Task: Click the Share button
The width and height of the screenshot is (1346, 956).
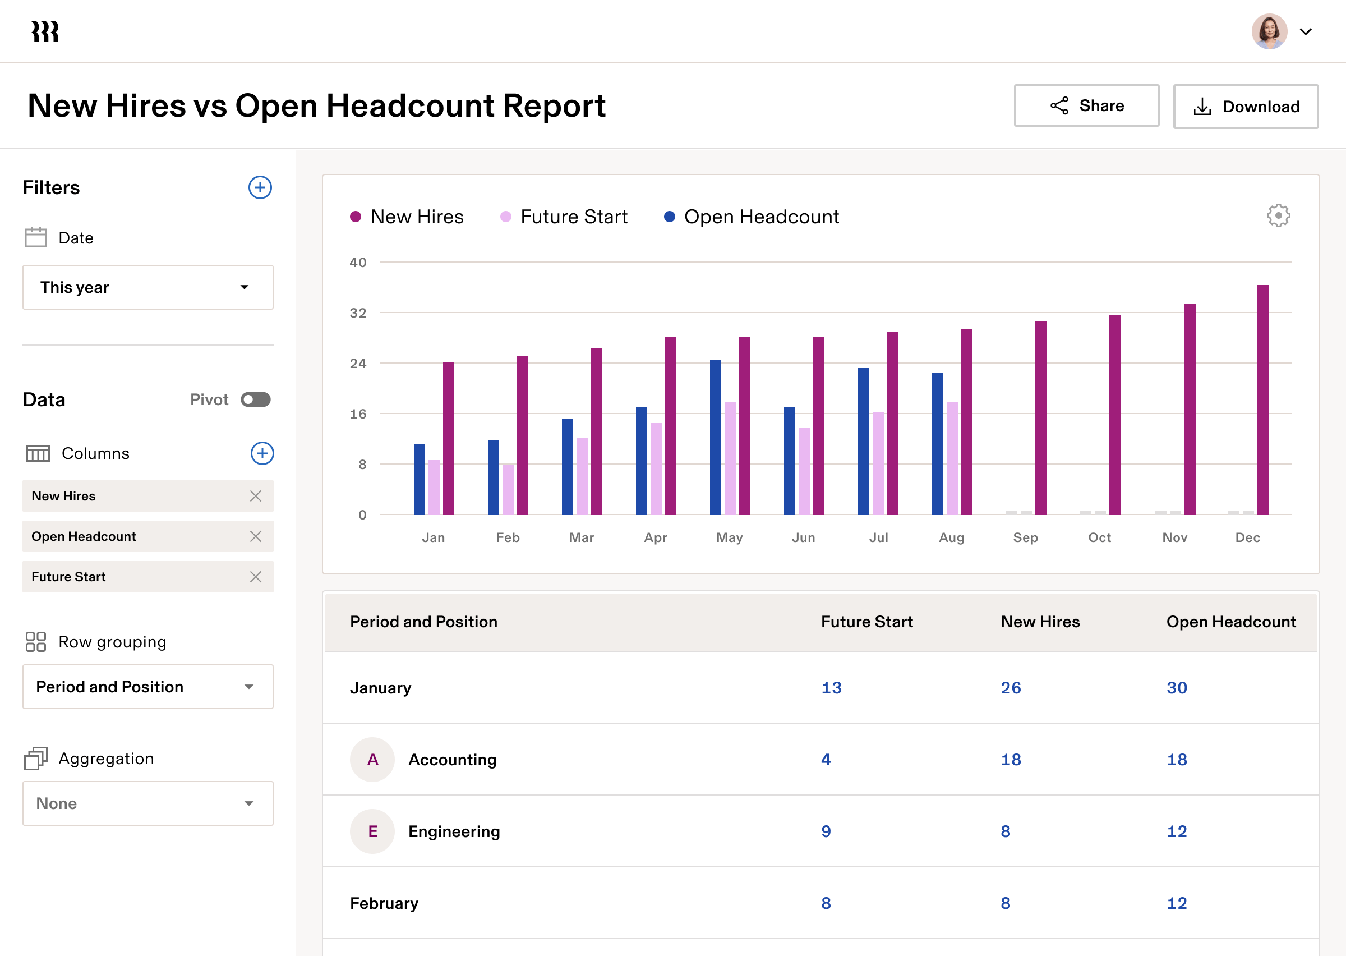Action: pyautogui.click(x=1086, y=106)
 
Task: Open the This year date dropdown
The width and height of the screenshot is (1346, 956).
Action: pyautogui.click(x=147, y=287)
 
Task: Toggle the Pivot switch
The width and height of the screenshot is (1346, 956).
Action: pyautogui.click(x=255, y=399)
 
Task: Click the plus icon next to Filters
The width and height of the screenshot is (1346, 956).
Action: pyautogui.click(x=260, y=188)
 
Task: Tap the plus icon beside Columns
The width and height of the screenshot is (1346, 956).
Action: pyautogui.click(x=262, y=453)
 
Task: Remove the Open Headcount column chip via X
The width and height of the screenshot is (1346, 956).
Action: pyautogui.click(x=255, y=536)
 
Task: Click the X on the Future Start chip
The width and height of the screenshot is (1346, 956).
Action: pyautogui.click(x=255, y=577)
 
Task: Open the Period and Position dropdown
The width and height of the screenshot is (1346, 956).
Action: pyautogui.click(x=147, y=687)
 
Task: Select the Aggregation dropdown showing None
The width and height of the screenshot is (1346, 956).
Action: pyautogui.click(x=147, y=803)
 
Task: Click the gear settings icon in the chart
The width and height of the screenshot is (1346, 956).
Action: pyautogui.click(x=1278, y=216)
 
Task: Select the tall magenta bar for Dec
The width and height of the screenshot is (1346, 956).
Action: pyautogui.click(x=1262, y=400)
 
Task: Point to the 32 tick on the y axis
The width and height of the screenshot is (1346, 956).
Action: pyautogui.click(x=358, y=313)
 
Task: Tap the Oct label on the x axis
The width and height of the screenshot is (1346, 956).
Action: pyautogui.click(x=1099, y=537)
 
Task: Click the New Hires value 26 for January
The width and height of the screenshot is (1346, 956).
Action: pyautogui.click(x=1011, y=688)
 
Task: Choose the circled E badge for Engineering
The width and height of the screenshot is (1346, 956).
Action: pyautogui.click(x=372, y=831)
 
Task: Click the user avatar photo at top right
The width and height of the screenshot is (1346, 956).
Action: pyautogui.click(x=1269, y=32)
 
